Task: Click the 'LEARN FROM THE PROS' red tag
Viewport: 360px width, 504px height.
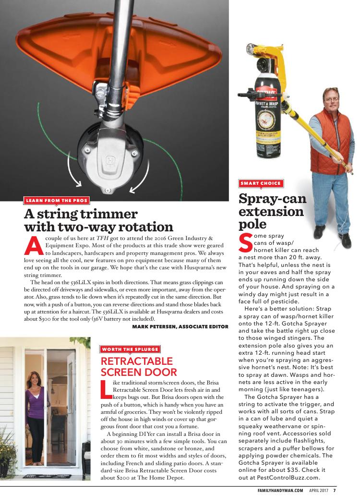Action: point(56,200)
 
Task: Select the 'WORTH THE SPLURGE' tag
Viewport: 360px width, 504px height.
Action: point(130,349)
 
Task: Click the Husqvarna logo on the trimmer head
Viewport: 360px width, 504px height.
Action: point(111,161)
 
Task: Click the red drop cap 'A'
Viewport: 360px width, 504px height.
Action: point(31,245)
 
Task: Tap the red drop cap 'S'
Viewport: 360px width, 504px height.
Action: point(245,242)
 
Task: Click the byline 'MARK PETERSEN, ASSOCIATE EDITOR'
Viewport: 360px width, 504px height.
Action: point(180,326)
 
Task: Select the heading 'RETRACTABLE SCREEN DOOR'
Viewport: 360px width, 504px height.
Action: point(138,366)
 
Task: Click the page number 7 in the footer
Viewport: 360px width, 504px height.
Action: point(335,490)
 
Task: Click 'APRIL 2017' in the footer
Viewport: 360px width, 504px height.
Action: point(318,490)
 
